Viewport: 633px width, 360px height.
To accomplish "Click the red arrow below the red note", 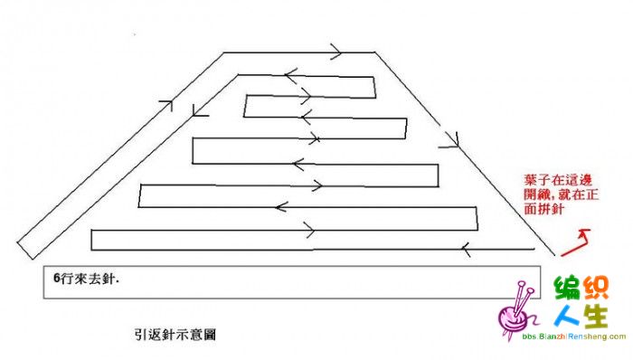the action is pos(578,244).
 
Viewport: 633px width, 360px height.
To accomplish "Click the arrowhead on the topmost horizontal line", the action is pos(335,52).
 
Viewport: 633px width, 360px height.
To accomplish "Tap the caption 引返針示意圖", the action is pos(175,335).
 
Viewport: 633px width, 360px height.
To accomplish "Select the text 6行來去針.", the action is pos(87,279).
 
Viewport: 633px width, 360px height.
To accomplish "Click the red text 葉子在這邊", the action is pos(558,180).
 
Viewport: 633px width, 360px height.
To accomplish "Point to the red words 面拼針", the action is pos(543,209).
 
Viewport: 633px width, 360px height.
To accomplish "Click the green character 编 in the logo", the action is pos(569,288).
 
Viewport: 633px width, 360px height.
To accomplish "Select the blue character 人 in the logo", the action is pos(567,316).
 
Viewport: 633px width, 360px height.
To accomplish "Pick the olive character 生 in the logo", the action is pos(595,316).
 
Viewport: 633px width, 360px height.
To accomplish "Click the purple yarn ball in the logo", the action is pos(513,318).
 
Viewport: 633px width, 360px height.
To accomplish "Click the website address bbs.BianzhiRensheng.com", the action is pos(573,336).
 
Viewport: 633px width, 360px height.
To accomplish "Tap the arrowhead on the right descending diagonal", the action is pos(452,140).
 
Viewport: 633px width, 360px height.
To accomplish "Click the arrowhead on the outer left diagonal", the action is pos(167,104).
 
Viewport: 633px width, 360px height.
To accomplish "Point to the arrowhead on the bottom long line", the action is pos(467,250).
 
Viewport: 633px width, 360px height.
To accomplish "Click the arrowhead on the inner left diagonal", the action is pos(198,112).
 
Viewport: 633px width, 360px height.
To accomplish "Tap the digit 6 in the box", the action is pos(56,278).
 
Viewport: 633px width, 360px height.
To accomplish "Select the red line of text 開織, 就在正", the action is pos(562,194).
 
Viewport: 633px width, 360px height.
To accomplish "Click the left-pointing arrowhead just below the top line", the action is pos(290,75).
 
